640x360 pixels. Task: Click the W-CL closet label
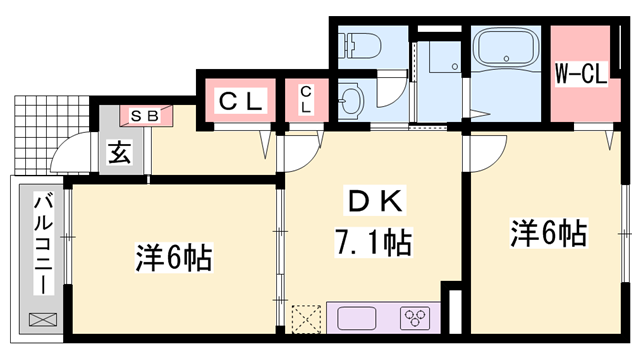pos(581,73)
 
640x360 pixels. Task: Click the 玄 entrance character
pos(118,155)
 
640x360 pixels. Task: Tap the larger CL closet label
pos(241,101)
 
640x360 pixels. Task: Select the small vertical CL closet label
pos(306,100)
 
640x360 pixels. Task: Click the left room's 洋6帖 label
pos(173,259)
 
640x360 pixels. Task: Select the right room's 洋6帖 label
pos(548,235)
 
